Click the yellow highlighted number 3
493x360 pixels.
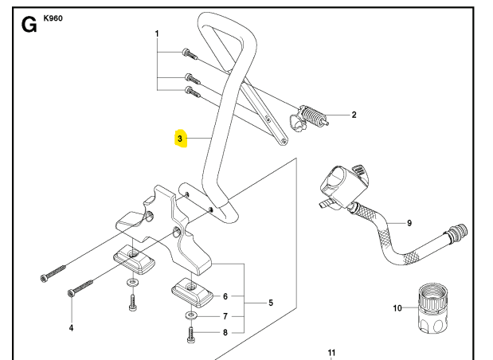[180, 139]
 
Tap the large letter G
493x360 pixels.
[29, 24]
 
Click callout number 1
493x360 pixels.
[157, 33]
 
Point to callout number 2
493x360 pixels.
[354, 115]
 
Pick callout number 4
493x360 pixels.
[70, 327]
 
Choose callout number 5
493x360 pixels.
[270, 303]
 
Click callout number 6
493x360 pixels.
[225, 295]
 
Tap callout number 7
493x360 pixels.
[225, 315]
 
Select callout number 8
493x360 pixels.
[225, 333]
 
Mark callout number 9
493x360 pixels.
[409, 223]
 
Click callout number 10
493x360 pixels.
[398, 308]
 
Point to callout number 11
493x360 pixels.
[332, 351]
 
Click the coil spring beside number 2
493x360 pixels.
[315, 118]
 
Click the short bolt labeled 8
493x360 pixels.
[191, 335]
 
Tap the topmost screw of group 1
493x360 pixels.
[188, 54]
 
